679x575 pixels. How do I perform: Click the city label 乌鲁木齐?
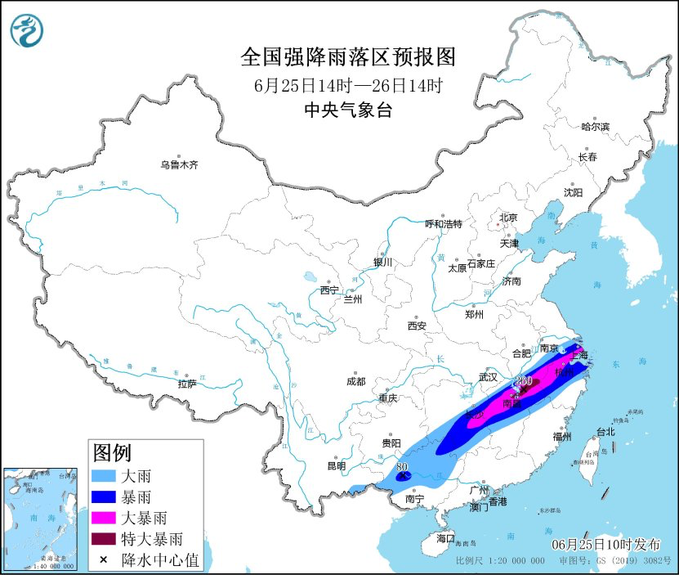179,164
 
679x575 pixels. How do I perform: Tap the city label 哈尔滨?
595,127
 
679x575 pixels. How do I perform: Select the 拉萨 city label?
187,384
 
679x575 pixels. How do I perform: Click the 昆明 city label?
337,466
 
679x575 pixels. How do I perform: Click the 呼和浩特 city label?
444,223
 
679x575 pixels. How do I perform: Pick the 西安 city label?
417,326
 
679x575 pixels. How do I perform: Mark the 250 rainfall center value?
524,381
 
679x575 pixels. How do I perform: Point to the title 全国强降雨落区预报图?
347,57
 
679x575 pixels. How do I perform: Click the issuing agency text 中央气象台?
347,110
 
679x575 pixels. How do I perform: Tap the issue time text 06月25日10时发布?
604,544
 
